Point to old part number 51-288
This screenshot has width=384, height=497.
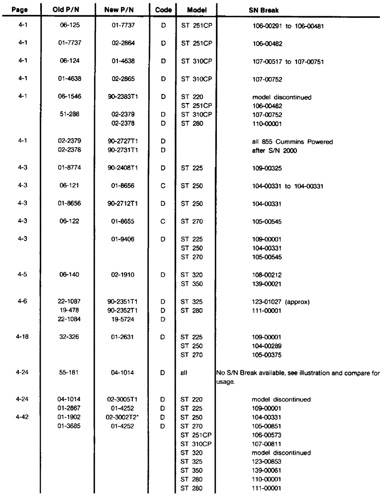(67, 112)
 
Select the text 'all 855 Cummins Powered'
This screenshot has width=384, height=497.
(292, 142)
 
